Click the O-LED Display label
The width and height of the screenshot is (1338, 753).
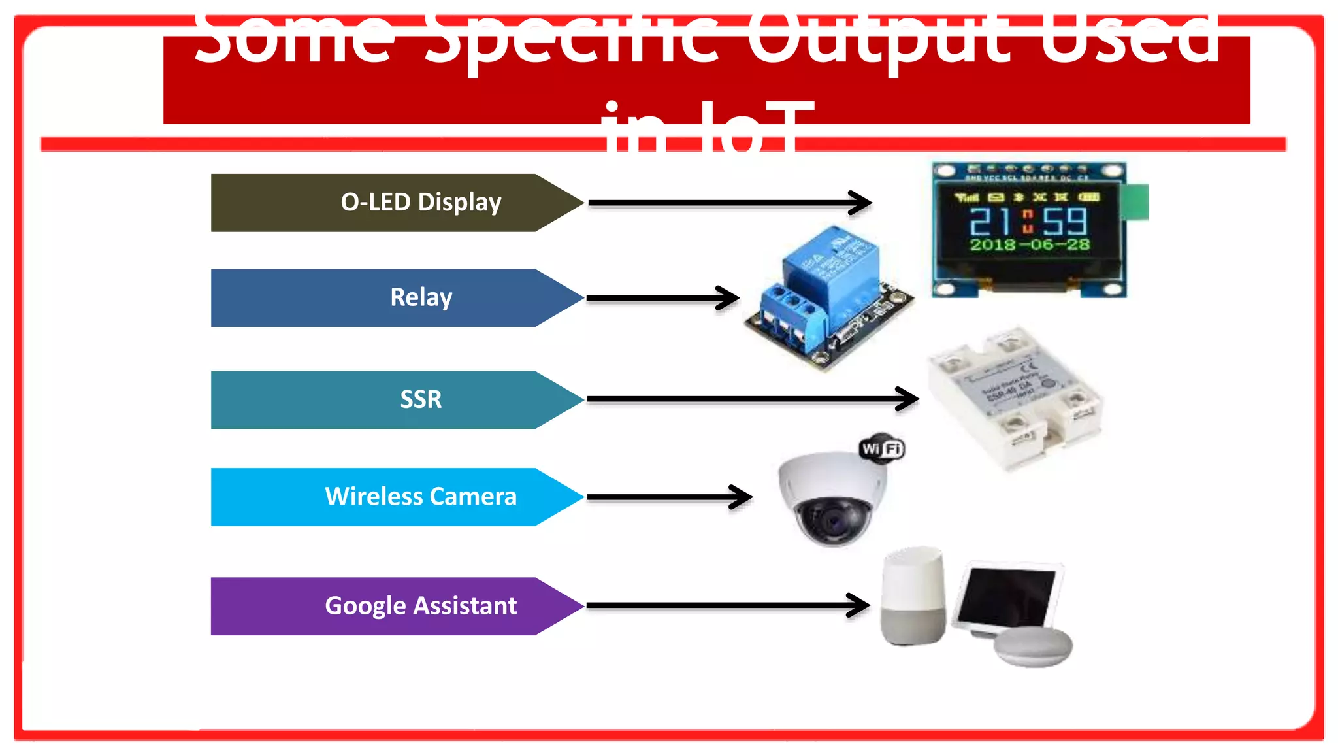421,203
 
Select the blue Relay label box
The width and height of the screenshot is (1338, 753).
421,298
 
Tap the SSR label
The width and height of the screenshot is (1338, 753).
421,399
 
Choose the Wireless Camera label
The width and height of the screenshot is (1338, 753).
421,497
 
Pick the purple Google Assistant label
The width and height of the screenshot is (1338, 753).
421,606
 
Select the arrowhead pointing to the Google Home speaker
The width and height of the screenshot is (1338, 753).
860,605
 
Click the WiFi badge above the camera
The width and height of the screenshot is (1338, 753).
882,449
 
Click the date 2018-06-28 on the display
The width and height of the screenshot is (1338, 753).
1030,245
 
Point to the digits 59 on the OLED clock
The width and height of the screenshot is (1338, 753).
1065,222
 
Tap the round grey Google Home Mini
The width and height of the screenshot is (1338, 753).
1033,647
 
